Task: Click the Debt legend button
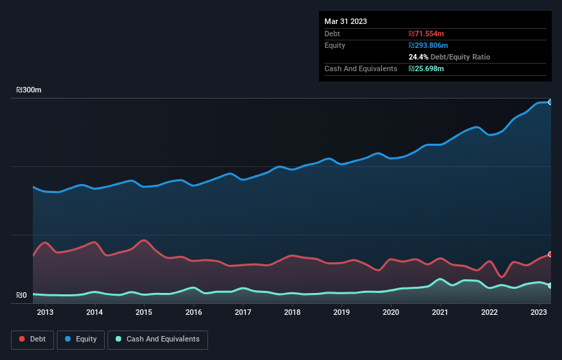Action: point(31,339)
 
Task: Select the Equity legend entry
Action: point(81,339)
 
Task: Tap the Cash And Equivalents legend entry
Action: point(157,339)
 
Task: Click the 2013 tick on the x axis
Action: point(45,313)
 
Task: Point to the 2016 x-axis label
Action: point(194,313)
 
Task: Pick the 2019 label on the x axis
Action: point(342,313)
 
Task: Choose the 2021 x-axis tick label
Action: point(440,313)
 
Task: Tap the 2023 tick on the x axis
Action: point(539,313)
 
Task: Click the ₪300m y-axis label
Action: point(29,90)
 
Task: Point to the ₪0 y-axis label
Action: point(21,296)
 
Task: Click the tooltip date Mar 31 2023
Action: point(346,21)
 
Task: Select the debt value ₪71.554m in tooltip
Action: point(426,34)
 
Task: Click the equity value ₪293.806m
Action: point(429,45)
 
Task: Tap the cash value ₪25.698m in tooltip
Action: point(426,68)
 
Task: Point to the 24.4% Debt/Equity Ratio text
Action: point(449,57)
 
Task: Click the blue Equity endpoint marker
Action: point(550,102)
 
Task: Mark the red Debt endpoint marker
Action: point(550,254)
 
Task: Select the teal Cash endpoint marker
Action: point(550,285)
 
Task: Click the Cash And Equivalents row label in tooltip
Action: point(361,68)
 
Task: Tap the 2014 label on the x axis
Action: point(94,313)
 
